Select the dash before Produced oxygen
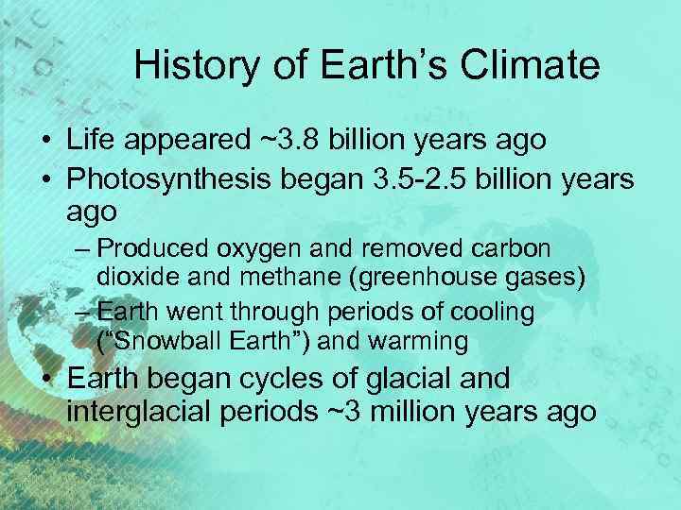83,249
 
